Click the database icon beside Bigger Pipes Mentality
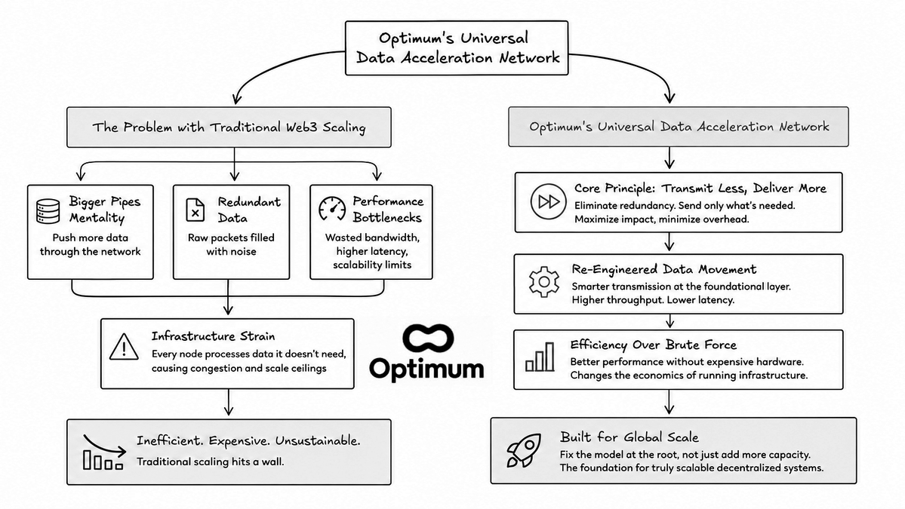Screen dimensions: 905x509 (48, 211)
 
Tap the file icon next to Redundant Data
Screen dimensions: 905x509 (195, 210)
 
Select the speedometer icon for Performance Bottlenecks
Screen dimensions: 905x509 (332, 209)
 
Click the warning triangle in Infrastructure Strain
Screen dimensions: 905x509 (124, 346)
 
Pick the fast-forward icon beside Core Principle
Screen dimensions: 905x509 (548, 202)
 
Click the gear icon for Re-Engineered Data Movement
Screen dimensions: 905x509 (543, 282)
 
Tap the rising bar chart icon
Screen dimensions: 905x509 (540, 357)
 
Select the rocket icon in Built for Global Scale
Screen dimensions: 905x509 (524, 450)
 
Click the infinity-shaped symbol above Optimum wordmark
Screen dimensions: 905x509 (428, 339)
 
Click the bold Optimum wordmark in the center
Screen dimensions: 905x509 (426, 369)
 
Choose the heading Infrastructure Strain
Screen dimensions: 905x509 (213, 336)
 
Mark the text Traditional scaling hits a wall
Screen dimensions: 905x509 (210, 461)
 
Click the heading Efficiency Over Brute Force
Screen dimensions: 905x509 (654, 345)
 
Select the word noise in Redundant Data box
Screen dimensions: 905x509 (243, 251)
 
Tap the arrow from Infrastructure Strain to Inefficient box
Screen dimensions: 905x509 (229, 403)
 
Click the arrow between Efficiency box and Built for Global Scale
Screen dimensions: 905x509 (669, 402)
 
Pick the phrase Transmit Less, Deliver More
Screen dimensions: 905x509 (744, 189)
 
